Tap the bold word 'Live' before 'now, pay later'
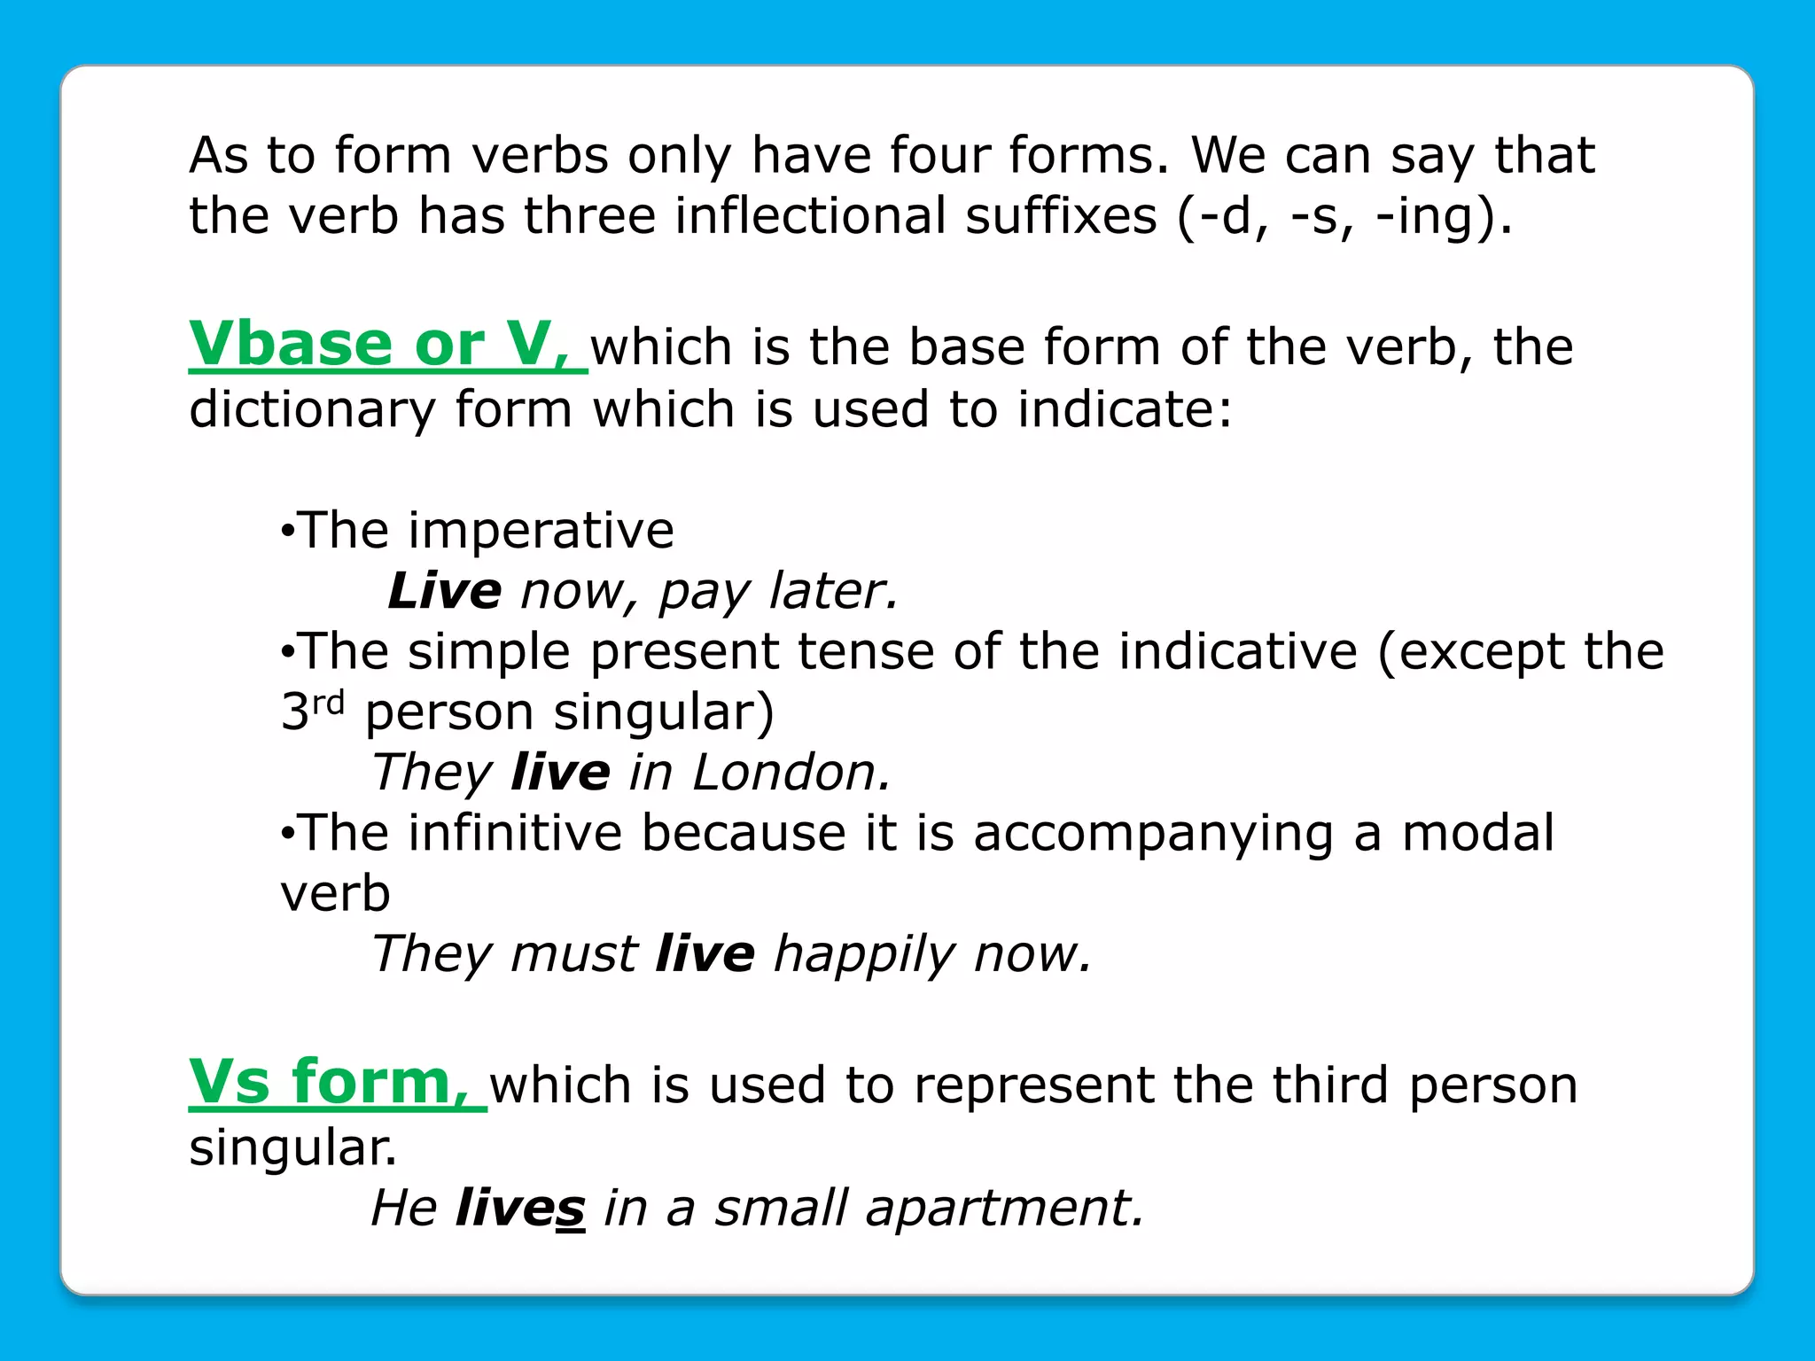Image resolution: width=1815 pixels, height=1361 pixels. tap(445, 591)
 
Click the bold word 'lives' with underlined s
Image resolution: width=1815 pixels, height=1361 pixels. tap(520, 1208)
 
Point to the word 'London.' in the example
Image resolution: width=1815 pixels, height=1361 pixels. tap(791, 773)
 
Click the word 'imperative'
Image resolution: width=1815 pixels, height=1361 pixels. tap(541, 531)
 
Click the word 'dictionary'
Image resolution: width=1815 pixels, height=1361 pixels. tap(312, 410)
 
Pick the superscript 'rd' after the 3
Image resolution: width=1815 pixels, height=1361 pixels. tap(328, 703)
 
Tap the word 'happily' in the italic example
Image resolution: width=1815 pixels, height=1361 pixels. tap(864, 955)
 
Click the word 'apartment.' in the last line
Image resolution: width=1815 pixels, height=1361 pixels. tap(1005, 1208)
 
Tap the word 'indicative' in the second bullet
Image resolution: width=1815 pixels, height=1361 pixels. tap(1188, 652)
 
